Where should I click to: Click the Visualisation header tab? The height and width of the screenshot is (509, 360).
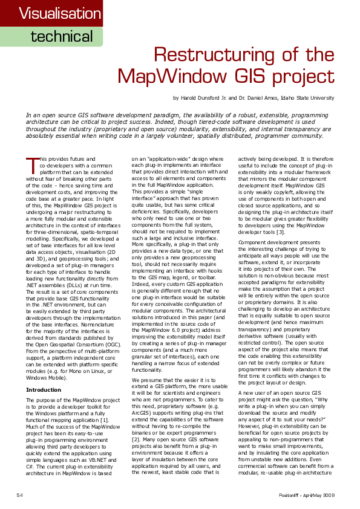pos(51,13)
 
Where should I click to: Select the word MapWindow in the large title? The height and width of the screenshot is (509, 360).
pos(185,76)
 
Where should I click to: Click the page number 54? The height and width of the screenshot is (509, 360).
pos(19,495)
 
